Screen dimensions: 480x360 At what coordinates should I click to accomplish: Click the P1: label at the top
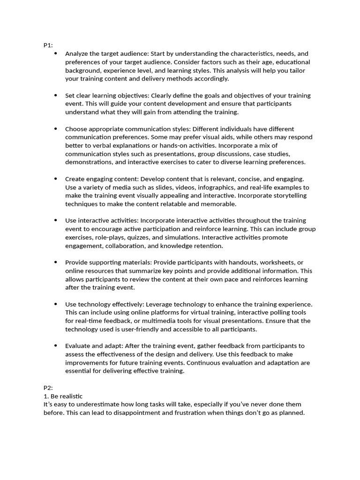(48, 45)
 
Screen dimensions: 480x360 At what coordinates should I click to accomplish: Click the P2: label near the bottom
(48, 388)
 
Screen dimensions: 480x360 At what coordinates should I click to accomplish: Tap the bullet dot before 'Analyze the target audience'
(56, 53)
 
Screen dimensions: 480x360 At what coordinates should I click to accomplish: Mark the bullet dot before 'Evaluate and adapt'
(56, 345)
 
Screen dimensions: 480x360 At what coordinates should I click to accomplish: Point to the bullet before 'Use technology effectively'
(56, 304)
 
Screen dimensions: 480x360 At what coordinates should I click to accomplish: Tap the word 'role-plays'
(105, 237)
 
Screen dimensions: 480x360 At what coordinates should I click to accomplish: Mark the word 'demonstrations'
(87, 162)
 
